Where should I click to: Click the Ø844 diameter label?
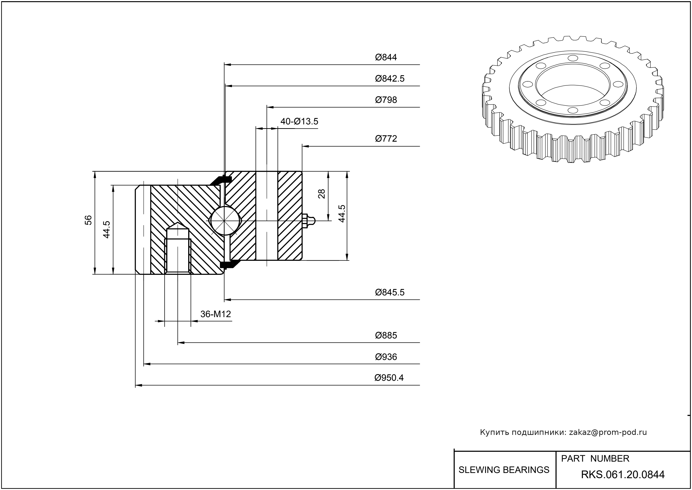[x=386, y=57]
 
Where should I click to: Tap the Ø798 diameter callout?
[x=386, y=100]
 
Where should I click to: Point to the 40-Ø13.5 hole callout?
[x=299, y=122]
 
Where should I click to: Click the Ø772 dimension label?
[x=386, y=139]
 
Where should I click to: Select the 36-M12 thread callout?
[x=216, y=314]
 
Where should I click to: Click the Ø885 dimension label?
[x=386, y=336]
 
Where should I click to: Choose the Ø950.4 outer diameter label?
[x=389, y=378]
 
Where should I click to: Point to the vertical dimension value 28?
[x=322, y=193]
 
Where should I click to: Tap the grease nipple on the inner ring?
[x=308, y=221]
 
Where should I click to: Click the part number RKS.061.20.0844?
[x=623, y=475]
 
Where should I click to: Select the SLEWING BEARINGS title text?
[x=504, y=470]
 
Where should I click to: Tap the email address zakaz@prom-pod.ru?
[x=608, y=432]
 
